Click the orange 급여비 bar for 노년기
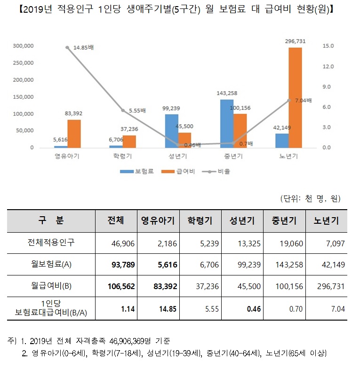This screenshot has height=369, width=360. point(295,97)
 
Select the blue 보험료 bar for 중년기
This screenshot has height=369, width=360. point(227,124)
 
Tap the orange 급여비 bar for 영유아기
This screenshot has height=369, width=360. point(74,133)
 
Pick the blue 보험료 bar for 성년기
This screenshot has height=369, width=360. point(171,131)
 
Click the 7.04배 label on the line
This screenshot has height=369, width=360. point(303,100)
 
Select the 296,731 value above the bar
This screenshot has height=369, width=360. point(295,41)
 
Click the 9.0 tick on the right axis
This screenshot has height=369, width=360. point(328,87)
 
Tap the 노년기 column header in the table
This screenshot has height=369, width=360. point(327,220)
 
